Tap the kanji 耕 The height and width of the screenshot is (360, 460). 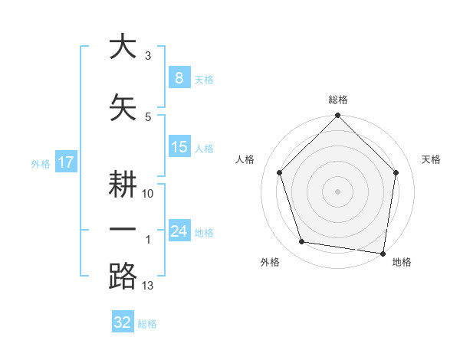pyautogui.click(x=123, y=185)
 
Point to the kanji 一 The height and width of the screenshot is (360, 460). pyautogui.click(x=123, y=230)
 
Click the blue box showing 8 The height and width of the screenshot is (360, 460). pyautogui.click(x=179, y=77)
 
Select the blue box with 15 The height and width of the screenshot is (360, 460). pyautogui.click(x=179, y=147)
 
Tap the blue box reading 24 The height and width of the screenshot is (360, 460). pyautogui.click(x=179, y=231)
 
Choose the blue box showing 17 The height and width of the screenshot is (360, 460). pyautogui.click(x=66, y=162)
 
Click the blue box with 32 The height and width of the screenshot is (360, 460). pyautogui.click(x=123, y=322)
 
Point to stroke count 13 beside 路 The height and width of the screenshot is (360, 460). pyautogui.click(x=148, y=286)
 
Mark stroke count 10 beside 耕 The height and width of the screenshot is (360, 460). pyautogui.click(x=148, y=194)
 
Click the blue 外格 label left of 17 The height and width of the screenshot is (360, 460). pyautogui.click(x=41, y=163)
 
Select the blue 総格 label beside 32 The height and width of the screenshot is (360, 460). pyautogui.click(x=147, y=324)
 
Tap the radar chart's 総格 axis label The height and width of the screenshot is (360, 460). pyautogui.click(x=337, y=100)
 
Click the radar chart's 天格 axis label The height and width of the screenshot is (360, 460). pyautogui.click(x=431, y=159)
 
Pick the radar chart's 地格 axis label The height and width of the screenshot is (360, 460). pyautogui.click(x=402, y=262)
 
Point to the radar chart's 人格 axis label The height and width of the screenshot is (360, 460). pyautogui.click(x=245, y=159)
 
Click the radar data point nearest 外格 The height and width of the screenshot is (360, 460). pyautogui.click(x=302, y=242)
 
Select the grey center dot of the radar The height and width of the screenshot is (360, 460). pyautogui.click(x=337, y=191)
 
